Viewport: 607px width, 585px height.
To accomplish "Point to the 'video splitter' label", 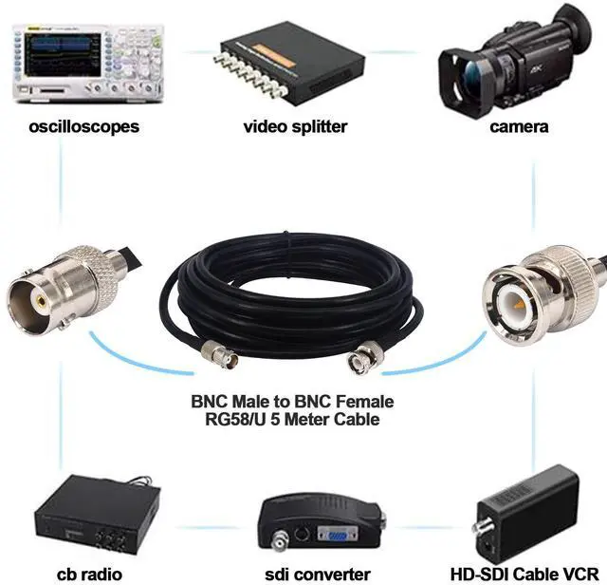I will coord(295,126).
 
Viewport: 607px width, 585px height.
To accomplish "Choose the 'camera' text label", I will coord(519,126).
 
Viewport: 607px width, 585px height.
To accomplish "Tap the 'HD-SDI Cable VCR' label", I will coord(527,574).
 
